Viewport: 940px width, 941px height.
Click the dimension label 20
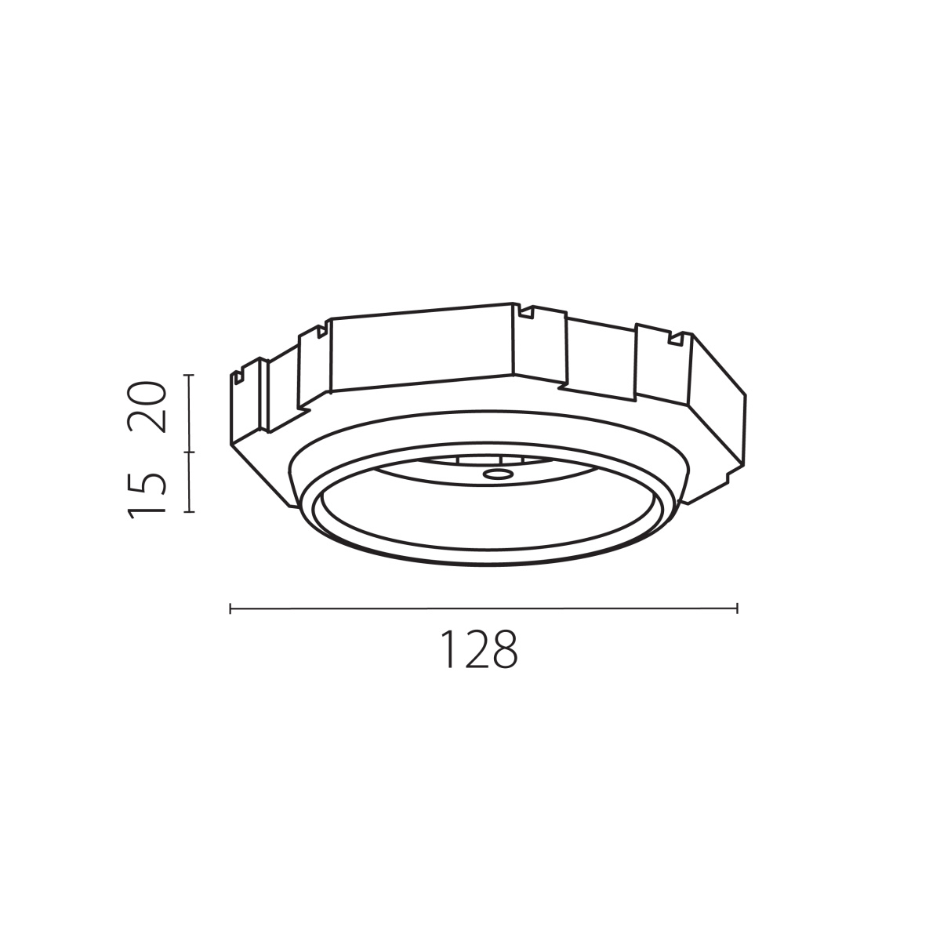tap(147, 407)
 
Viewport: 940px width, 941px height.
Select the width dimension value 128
tap(479, 649)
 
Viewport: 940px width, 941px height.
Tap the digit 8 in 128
tap(504, 649)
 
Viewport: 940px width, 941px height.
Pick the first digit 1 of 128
tap(449, 649)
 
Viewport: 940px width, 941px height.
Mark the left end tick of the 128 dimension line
tap(230, 609)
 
